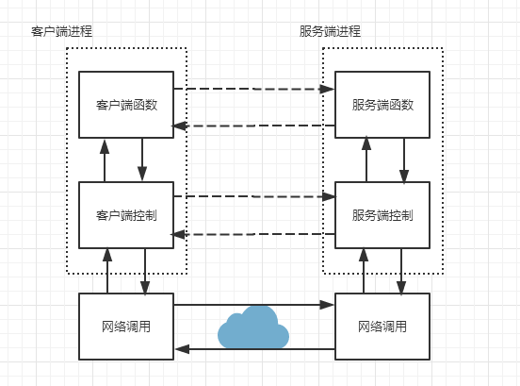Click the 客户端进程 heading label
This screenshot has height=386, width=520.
pos(61,31)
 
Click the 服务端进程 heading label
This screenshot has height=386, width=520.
pos(330,31)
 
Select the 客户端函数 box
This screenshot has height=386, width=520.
pos(126,105)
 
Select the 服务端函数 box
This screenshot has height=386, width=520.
pos(382,105)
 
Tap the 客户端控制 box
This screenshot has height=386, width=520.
pos(126,215)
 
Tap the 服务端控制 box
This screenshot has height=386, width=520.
pos(382,215)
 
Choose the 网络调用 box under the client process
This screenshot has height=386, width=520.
pos(126,327)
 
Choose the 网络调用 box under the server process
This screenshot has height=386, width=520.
pos(382,327)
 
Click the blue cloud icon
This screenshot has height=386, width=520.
pos(253,327)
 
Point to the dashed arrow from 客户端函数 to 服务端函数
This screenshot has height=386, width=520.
pos(254,89)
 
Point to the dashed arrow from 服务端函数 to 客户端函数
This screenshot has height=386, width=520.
pos(254,126)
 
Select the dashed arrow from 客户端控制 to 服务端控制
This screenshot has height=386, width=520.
pos(254,196)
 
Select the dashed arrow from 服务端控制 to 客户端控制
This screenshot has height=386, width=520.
pos(254,234)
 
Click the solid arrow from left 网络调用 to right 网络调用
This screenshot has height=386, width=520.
pos(254,305)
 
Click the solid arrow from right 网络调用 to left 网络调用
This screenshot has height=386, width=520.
pos(254,349)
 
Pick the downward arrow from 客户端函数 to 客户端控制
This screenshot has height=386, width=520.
pos(142,159)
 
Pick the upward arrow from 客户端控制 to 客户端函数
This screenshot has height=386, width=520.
pos(105,160)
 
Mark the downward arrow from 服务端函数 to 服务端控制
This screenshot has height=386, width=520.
pos(404,160)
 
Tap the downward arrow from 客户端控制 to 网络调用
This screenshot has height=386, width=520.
pos(145,272)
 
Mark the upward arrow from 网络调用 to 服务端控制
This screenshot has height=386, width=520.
pos(364,271)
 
